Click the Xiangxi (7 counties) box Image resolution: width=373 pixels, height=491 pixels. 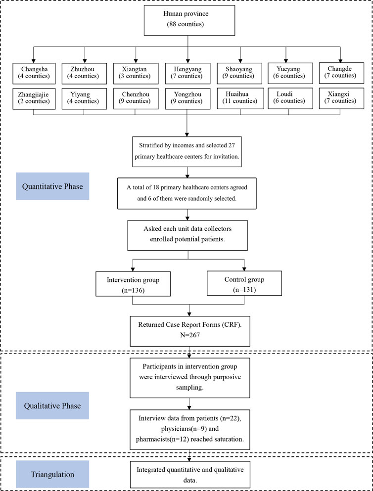(341, 98)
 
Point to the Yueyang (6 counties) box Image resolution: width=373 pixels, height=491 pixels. (290, 73)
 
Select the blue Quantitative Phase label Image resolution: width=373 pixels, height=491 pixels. (52, 186)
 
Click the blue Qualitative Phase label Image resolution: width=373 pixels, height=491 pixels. (52, 405)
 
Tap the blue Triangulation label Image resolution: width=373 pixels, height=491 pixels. (52, 474)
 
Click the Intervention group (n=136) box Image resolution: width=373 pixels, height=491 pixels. (133, 284)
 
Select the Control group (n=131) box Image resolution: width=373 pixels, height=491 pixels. (244, 283)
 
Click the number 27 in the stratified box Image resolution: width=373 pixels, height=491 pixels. (236, 145)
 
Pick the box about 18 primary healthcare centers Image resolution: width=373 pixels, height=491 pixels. (187, 193)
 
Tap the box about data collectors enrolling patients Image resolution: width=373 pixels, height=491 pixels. (187, 235)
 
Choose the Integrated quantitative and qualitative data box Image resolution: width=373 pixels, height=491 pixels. (190, 474)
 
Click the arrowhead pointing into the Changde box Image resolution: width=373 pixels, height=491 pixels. (341, 60)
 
